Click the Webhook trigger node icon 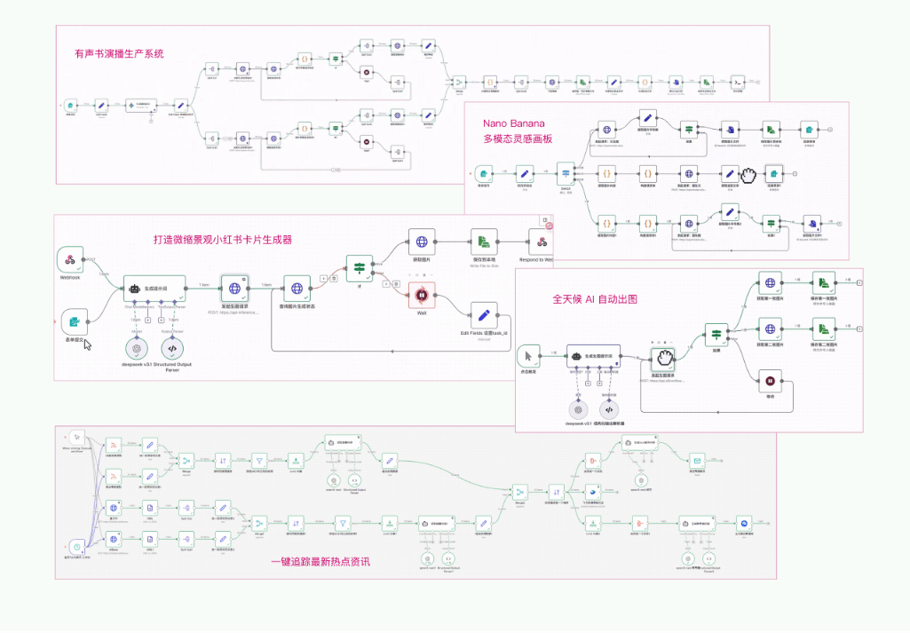tap(69, 259)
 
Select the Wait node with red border tap(422, 295)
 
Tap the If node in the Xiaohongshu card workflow tap(360, 269)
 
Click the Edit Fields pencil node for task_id tap(484, 316)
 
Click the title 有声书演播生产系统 tap(120, 54)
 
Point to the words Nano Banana tap(513, 123)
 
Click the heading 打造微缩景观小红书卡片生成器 tap(222, 239)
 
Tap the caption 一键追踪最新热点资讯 tap(320, 562)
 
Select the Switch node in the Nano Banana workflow tap(566, 173)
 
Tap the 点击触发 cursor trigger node tap(529, 358)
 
